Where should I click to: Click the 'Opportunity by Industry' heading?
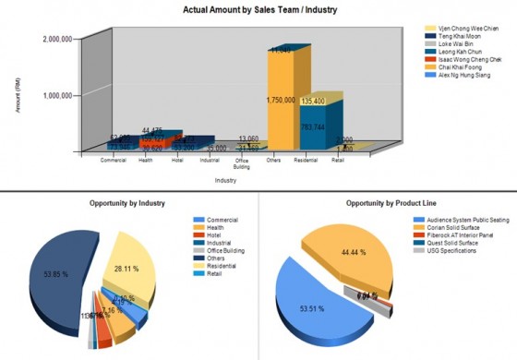pos(127,202)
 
